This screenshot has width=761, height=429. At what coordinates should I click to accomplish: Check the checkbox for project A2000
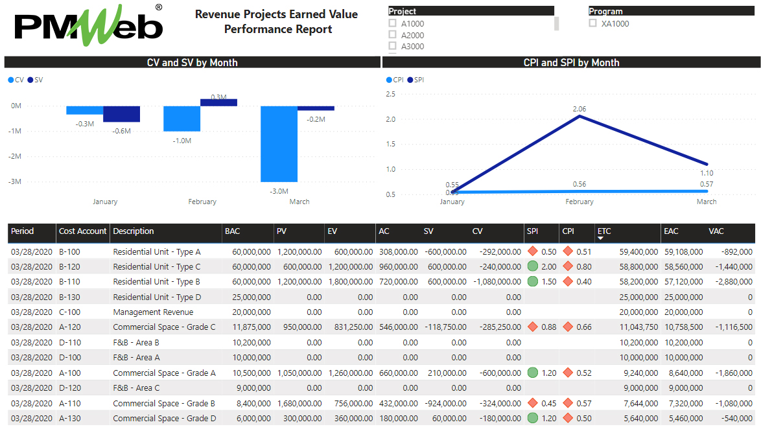pos(392,35)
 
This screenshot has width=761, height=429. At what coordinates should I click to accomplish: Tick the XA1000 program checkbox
pos(592,23)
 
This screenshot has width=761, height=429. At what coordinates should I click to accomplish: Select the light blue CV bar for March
pos(279,144)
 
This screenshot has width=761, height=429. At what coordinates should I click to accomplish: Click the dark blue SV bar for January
pos(121,114)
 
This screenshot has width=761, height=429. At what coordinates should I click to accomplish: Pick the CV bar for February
pos(181,119)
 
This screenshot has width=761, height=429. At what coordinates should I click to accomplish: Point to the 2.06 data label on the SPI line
pos(579,109)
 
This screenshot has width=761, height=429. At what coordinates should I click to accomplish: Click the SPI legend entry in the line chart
pos(416,80)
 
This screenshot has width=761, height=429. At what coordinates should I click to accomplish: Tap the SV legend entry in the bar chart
pos(36,80)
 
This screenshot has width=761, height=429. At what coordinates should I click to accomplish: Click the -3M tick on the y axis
pos(15,181)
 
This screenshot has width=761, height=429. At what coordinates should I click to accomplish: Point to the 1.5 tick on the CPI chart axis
pos(390,144)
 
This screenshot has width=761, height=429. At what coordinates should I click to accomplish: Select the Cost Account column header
pos(82,231)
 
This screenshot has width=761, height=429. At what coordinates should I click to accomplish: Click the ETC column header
pos(604,231)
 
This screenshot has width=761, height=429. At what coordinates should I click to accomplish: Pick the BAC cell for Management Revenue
pos(247,312)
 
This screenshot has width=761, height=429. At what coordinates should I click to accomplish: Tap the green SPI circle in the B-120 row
pos(533,266)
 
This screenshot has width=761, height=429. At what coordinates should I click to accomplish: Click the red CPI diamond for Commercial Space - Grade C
pos(568,327)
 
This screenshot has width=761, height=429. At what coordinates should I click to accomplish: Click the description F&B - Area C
pos(136,388)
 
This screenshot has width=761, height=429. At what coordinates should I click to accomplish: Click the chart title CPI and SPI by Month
pos(571,63)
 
